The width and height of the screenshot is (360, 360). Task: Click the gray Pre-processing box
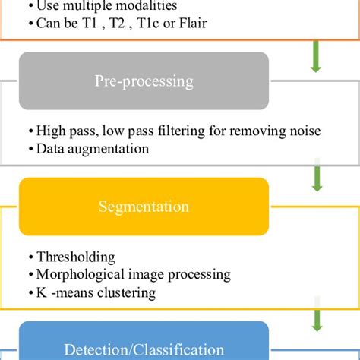point(144,81)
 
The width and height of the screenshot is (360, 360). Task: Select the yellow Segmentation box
point(144,206)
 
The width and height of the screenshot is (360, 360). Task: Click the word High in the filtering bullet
point(50,131)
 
